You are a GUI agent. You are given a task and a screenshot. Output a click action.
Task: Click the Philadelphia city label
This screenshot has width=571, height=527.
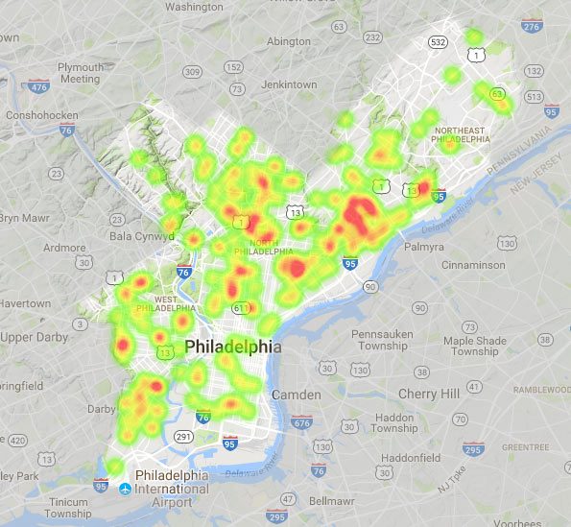tap(233, 347)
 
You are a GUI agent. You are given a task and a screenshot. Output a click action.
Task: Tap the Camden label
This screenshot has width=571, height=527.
tap(289, 395)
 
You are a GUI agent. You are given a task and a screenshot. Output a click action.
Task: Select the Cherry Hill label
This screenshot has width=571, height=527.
tap(429, 394)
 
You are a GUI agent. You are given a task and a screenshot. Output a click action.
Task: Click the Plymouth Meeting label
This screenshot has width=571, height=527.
tap(81, 74)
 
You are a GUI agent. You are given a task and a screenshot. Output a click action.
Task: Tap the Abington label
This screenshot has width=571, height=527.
tap(289, 41)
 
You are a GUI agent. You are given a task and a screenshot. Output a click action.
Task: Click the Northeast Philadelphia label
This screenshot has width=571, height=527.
tap(461, 136)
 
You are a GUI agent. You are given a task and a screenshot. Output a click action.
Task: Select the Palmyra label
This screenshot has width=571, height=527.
tap(423, 246)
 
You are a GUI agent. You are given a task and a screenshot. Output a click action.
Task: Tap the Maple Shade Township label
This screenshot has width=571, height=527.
tap(474, 346)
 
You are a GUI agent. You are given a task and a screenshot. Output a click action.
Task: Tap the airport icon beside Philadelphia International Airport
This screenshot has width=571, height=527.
tap(125, 489)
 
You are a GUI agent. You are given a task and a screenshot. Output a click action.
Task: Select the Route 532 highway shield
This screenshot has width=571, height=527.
tap(439, 43)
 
